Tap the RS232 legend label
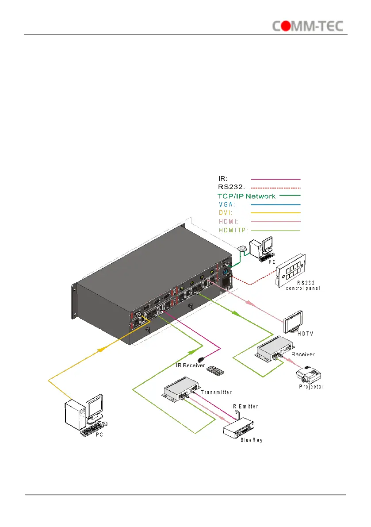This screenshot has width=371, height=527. (x=230, y=187)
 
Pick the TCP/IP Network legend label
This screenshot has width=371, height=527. (x=247, y=196)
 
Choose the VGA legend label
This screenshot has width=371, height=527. (x=227, y=204)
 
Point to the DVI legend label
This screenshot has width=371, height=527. (x=226, y=213)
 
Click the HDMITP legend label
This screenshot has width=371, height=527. (x=233, y=230)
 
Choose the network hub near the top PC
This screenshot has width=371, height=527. (x=242, y=250)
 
